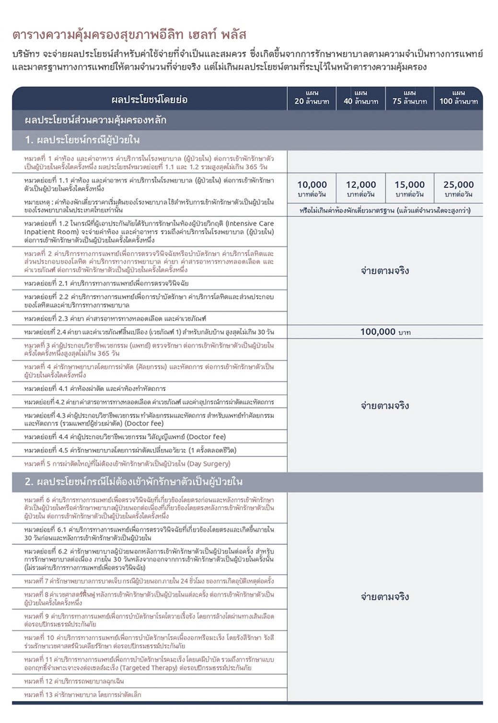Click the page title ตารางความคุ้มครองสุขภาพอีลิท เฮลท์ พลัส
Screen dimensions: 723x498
(x=129, y=35)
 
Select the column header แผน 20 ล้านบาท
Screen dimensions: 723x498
(x=312, y=98)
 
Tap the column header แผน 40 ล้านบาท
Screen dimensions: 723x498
(x=360, y=98)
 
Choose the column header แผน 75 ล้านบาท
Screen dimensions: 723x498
(x=409, y=98)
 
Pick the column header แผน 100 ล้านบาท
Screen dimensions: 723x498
(x=458, y=98)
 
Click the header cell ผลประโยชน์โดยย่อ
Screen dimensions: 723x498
(x=149, y=100)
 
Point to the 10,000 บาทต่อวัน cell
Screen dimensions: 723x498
(x=312, y=188)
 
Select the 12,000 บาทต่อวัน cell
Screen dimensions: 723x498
(x=360, y=188)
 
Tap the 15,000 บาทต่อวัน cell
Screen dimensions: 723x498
(x=409, y=188)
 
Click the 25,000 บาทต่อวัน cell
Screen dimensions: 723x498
(x=458, y=188)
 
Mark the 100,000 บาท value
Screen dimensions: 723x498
(x=385, y=332)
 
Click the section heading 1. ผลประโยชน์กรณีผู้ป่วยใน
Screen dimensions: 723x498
(x=82, y=140)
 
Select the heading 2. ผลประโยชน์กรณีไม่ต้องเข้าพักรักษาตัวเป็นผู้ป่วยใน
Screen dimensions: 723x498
(x=134, y=482)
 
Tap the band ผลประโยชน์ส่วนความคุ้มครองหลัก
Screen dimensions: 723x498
(x=95, y=120)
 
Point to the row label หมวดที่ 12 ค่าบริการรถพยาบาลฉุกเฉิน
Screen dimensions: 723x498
(x=74, y=681)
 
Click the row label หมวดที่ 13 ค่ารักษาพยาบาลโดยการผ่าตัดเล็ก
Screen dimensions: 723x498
(x=82, y=695)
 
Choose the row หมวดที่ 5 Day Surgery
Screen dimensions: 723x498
(x=127, y=464)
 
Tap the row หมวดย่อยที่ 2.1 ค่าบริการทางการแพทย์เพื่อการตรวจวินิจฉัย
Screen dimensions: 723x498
(x=106, y=283)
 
